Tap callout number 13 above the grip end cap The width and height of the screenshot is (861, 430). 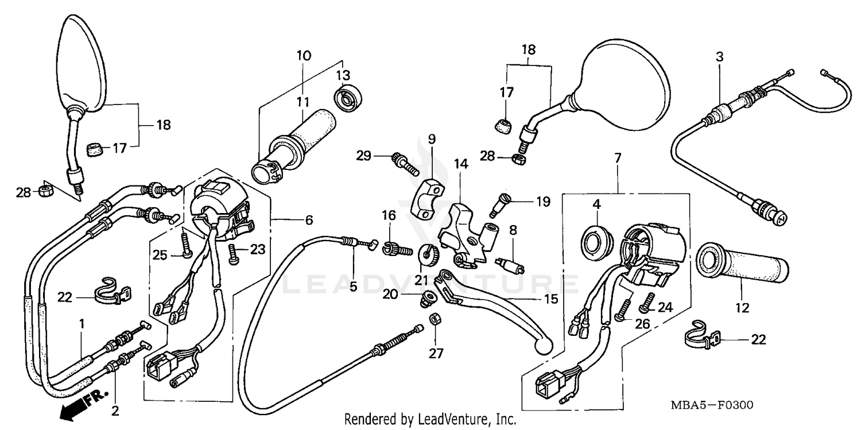(343, 75)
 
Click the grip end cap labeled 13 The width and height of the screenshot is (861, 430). (347, 98)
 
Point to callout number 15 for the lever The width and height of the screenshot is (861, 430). (550, 299)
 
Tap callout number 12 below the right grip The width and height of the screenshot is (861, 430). (742, 308)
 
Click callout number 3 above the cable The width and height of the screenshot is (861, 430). (719, 57)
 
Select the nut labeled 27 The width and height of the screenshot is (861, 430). (436, 318)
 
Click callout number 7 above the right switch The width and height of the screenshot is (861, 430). (618, 157)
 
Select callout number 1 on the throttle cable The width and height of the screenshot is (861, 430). (82, 324)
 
